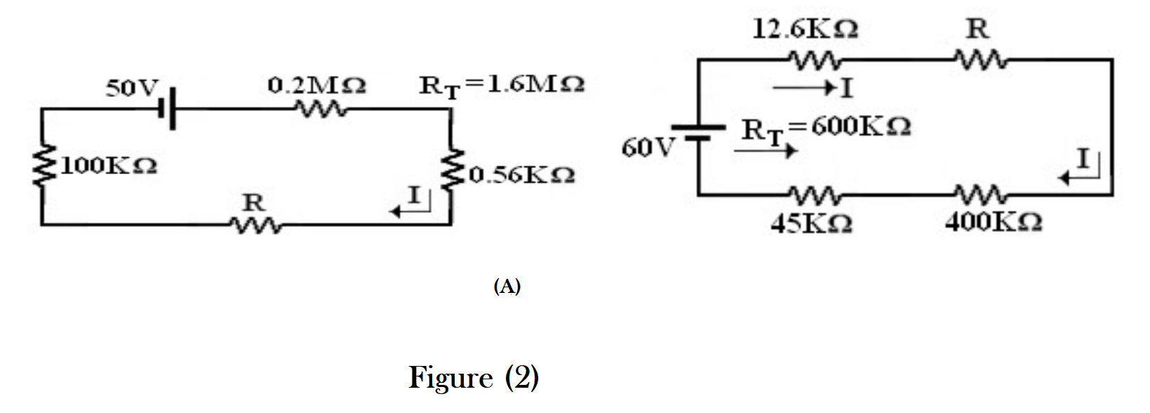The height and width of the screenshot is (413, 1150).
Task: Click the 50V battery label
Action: coord(133,89)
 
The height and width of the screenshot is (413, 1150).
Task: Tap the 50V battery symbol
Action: coord(169,110)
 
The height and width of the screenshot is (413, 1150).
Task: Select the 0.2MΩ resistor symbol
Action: coord(320,110)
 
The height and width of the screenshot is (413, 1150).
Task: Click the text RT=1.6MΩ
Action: coord(502,86)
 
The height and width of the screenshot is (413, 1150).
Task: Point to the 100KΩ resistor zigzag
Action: coord(43,166)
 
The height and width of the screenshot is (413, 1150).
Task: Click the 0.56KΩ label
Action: coord(522,174)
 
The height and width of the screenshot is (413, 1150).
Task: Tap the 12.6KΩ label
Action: coord(804,29)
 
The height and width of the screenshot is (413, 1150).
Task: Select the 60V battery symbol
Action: coord(698,132)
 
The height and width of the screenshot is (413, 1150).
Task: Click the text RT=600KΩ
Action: coord(826,129)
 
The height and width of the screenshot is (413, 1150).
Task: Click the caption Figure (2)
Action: coord(474,378)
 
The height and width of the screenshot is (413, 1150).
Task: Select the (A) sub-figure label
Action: coord(507,287)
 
